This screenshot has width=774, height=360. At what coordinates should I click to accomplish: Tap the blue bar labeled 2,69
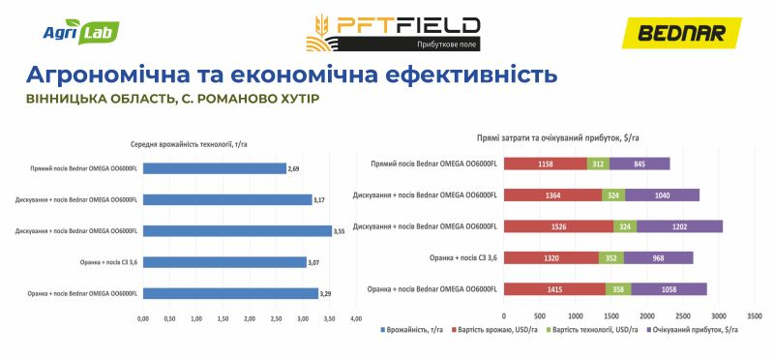pos(215,168)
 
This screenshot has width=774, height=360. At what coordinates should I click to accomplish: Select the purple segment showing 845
pos(640,164)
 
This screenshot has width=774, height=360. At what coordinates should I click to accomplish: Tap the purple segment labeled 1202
pos(679,226)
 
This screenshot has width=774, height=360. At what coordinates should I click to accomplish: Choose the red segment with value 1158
pos(545,164)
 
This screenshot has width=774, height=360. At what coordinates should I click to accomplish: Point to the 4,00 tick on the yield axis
pos(355,317)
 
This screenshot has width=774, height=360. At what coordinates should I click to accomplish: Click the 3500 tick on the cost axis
pos(755,316)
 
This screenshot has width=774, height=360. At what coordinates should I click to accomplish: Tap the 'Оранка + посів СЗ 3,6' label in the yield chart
pos(99,262)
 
